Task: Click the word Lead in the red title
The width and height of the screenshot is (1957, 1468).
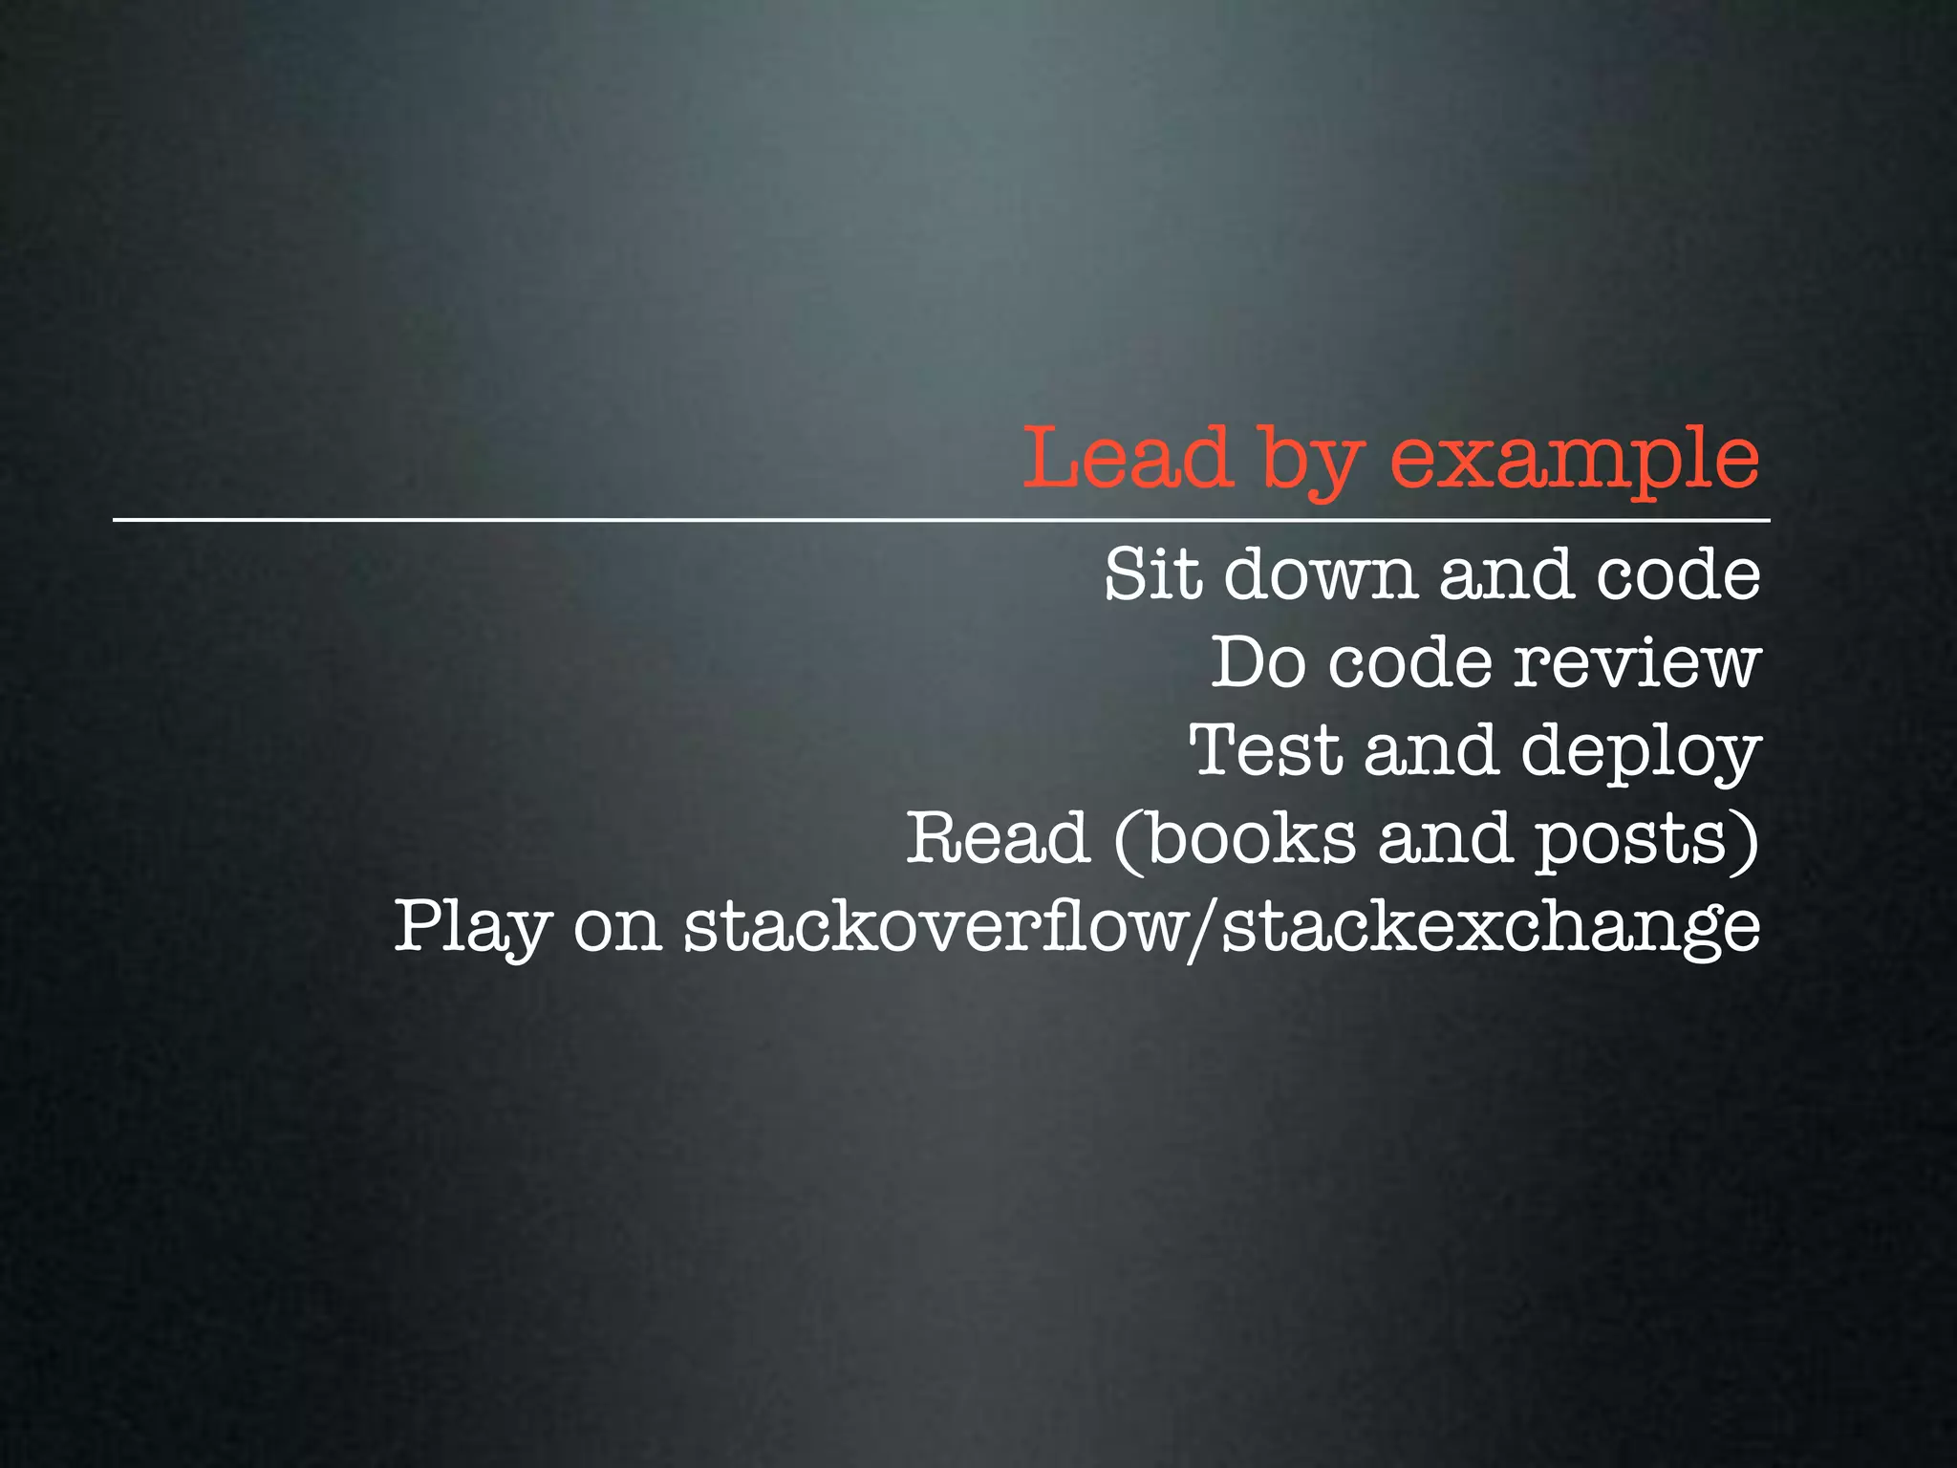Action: coord(1126,459)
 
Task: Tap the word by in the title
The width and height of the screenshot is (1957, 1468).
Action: coord(1308,464)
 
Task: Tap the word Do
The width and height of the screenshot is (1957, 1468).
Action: coord(1258,662)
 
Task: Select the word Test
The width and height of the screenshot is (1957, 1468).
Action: coord(1265,750)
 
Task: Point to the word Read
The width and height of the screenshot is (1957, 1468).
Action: coord(998,838)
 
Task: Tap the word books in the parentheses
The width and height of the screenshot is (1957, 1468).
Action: coord(1251,838)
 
